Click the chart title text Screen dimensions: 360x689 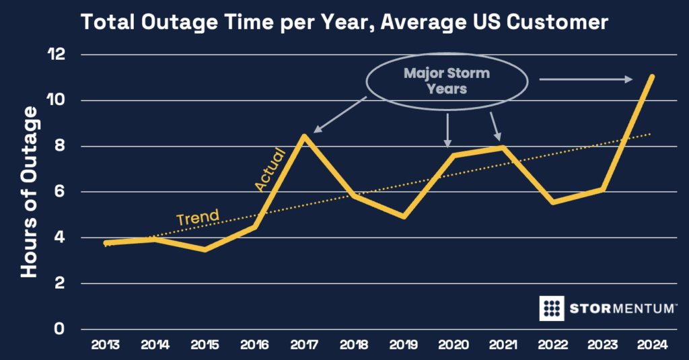click(x=344, y=23)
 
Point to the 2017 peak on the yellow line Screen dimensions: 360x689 click(x=305, y=136)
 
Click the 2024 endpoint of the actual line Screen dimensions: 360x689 click(x=651, y=77)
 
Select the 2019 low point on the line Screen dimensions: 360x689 click(x=402, y=217)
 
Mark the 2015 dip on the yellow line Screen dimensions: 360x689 click(x=204, y=250)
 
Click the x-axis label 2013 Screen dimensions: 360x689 click(x=105, y=346)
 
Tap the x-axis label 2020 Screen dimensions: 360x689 click(x=453, y=346)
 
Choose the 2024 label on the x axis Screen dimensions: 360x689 click(x=651, y=346)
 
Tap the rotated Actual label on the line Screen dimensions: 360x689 click(x=270, y=169)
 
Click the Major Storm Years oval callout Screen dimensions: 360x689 click(x=447, y=81)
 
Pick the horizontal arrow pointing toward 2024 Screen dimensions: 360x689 click(x=585, y=80)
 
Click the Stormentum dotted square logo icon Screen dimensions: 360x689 click(x=552, y=308)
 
